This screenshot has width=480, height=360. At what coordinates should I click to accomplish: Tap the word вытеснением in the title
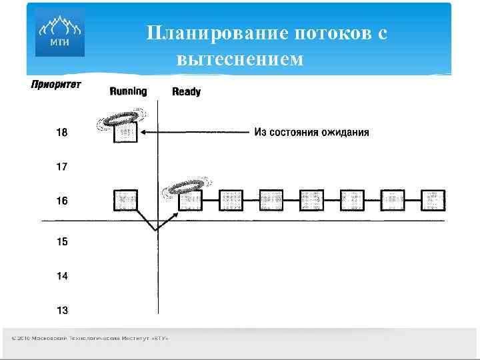click(240, 59)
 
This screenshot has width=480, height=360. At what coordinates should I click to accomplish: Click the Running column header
click(128, 91)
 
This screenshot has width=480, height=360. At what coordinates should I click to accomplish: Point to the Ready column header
click(186, 92)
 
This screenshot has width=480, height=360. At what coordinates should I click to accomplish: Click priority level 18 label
click(61, 132)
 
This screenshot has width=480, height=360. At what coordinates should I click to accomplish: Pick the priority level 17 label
click(61, 167)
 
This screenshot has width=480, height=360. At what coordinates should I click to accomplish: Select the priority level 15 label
click(61, 241)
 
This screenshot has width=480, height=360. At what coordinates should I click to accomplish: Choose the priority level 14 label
click(61, 275)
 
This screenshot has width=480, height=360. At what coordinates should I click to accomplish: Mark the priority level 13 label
click(61, 309)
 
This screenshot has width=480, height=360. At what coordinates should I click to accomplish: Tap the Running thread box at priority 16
click(125, 200)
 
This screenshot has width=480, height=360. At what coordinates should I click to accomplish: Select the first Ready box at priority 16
click(190, 199)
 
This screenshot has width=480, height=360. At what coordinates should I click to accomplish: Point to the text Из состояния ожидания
click(311, 132)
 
